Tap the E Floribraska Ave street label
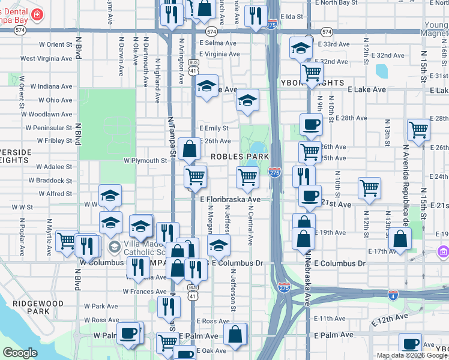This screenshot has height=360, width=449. tap(231, 199)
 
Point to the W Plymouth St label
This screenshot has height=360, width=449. tap(145, 161)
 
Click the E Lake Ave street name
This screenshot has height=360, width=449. tap(367, 89)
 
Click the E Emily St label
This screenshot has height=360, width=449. tap(214, 128)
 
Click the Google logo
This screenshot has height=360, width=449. tap(20, 353)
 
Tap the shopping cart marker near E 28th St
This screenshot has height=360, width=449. tap(418, 130)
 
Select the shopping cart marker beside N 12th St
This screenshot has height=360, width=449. tap(369, 188)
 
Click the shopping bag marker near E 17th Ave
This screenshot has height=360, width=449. tap(400, 239)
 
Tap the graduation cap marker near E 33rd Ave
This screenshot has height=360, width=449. tap(301, 49)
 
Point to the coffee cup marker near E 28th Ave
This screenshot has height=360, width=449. tap(310, 125)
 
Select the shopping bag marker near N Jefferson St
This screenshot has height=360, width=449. tap(235, 334)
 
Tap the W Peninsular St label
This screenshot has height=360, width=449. tap(49, 128)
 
